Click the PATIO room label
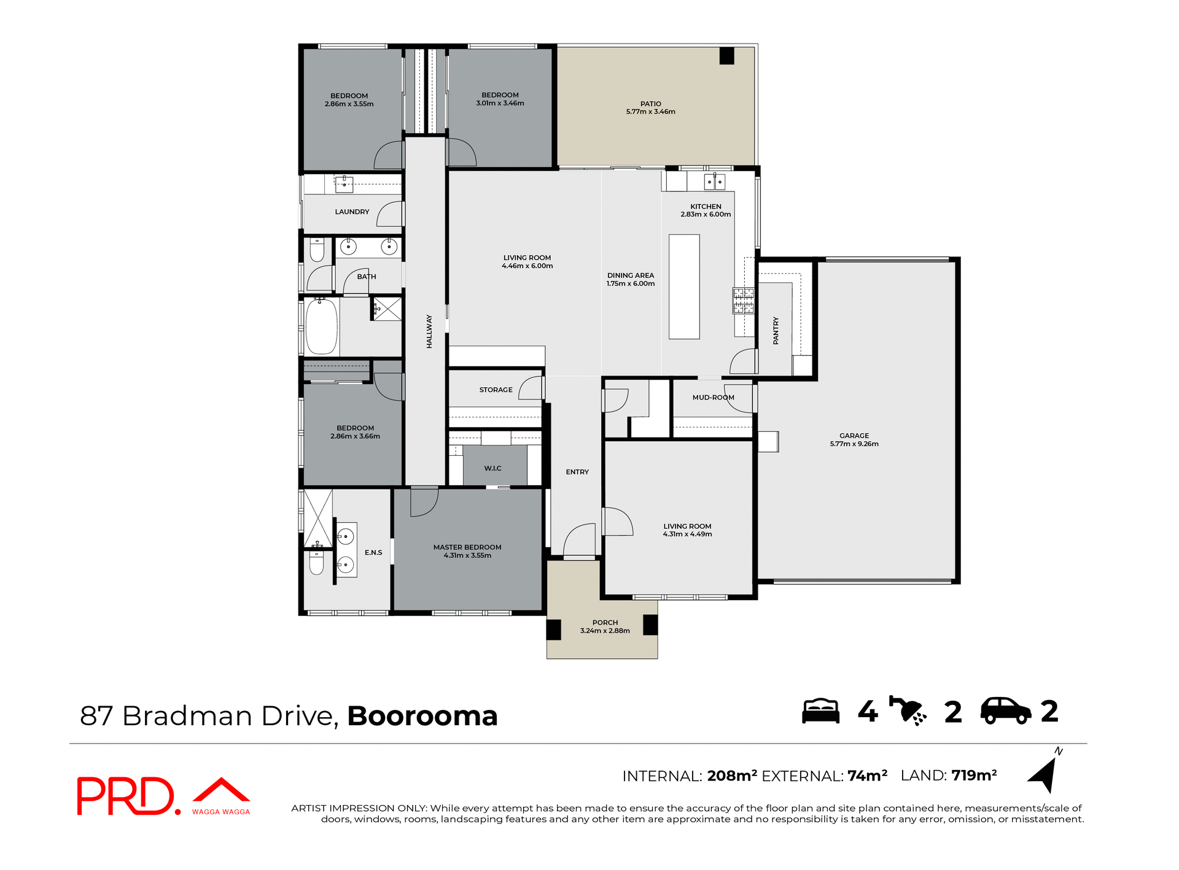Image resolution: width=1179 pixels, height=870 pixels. click(650, 104)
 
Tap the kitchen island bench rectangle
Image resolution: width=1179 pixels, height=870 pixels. click(683, 287)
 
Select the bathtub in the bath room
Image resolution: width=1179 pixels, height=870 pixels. click(321, 326)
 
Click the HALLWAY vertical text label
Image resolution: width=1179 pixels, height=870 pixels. click(429, 331)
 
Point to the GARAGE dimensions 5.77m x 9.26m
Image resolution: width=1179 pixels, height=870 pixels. click(854, 444)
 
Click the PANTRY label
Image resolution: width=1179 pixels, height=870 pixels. click(776, 330)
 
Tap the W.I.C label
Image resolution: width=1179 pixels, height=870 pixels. click(492, 468)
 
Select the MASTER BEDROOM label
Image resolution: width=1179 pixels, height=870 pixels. click(467, 547)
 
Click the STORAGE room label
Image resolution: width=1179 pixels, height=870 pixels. click(496, 390)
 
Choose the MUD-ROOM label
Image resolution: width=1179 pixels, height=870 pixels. click(713, 398)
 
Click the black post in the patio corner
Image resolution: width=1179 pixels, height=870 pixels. click(726, 56)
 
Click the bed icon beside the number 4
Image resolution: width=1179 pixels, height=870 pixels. click(820, 711)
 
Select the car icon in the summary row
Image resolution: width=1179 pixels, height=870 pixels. click(1005, 711)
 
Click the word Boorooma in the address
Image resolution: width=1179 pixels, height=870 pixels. click(422, 716)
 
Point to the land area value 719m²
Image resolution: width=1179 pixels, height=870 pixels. click(974, 776)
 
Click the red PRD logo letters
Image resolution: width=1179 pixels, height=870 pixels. click(126, 796)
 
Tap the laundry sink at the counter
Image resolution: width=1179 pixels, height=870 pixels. click(344, 183)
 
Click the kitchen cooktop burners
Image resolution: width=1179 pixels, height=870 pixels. click(743, 301)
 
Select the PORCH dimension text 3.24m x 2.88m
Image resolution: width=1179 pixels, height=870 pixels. click(605, 631)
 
